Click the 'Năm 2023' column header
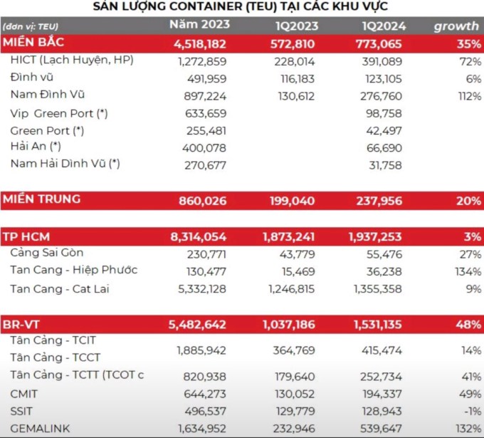click(199, 24)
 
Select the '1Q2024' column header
click(384, 26)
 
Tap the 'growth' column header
click(456, 26)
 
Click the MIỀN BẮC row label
click(33, 42)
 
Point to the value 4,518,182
click(200, 44)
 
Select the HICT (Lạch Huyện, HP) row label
click(72, 60)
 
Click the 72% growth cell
click(470, 61)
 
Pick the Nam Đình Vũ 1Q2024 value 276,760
click(382, 96)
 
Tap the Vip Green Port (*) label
click(59, 113)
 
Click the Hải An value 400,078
click(204, 148)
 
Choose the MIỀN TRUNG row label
click(42, 199)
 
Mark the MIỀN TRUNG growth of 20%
click(468, 201)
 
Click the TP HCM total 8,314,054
click(198, 237)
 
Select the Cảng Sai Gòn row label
click(47, 253)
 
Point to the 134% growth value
click(468, 271)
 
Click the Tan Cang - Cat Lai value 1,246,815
click(291, 289)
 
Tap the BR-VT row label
click(21, 325)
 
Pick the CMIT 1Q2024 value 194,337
click(381, 394)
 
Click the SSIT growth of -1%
click(473, 411)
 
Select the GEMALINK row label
click(40, 429)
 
